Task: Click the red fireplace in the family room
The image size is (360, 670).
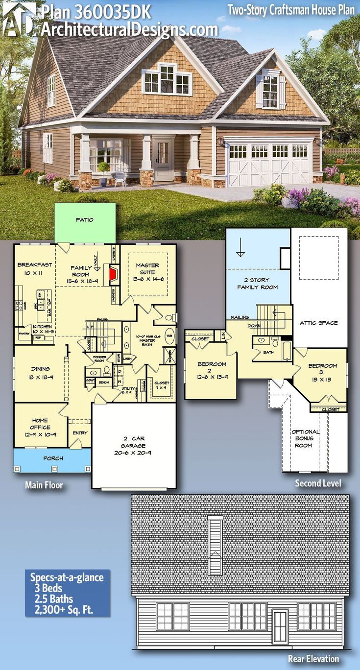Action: pyautogui.click(x=113, y=275)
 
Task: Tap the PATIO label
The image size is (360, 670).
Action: pyautogui.click(x=84, y=220)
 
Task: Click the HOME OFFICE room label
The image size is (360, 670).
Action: pyautogui.click(x=40, y=424)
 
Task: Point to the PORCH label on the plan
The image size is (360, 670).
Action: pyautogui.click(x=53, y=458)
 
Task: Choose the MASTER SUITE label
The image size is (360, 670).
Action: pyautogui.click(x=147, y=269)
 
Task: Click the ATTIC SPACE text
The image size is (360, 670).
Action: pyautogui.click(x=319, y=323)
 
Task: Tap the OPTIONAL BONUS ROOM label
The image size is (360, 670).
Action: pyautogui.click(x=305, y=438)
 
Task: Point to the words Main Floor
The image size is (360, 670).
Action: pyautogui.click(x=44, y=485)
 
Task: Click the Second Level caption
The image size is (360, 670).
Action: pyautogui.click(x=318, y=483)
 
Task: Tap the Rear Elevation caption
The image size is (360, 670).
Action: pyautogui.click(x=313, y=658)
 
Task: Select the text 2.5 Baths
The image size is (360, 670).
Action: pyautogui.click(x=51, y=598)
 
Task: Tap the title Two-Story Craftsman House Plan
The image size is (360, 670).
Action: pyautogui.click(x=291, y=9)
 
